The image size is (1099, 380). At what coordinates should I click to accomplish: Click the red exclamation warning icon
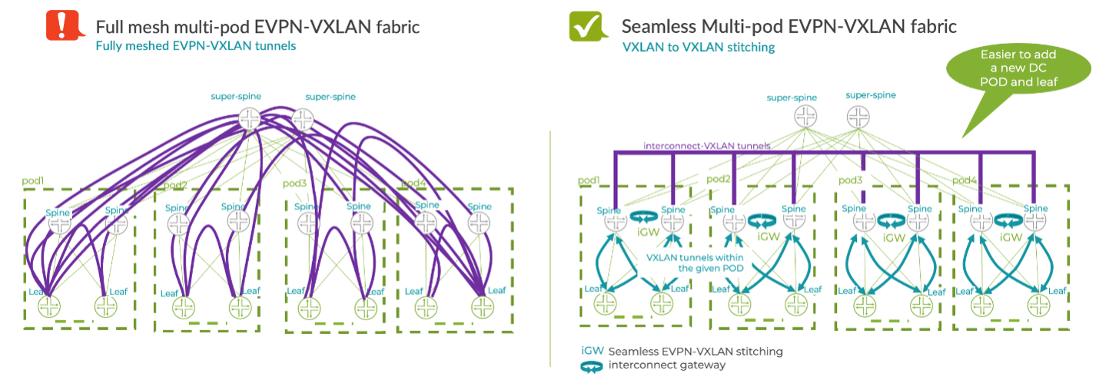click(59, 26)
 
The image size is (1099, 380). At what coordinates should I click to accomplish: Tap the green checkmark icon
click(583, 26)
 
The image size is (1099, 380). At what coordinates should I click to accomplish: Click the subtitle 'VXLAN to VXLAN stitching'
click(698, 48)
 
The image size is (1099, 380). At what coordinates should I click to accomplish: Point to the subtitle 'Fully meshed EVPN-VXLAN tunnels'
click(195, 46)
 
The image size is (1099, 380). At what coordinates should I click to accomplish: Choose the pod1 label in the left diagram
click(35, 181)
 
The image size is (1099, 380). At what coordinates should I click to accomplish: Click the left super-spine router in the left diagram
click(249, 118)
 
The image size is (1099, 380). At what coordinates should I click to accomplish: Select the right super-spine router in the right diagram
click(858, 117)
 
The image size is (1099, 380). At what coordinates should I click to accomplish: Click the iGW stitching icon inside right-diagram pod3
click(890, 222)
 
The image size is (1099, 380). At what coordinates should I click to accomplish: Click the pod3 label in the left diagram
click(295, 183)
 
